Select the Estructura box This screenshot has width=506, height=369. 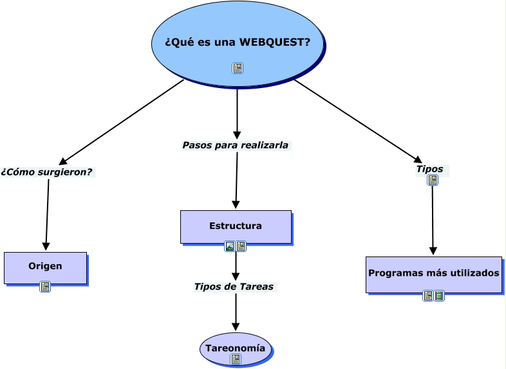point(236,226)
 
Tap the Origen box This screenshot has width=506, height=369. point(45,267)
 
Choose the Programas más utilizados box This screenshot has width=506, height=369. point(433,274)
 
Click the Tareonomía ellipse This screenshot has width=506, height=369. point(235,347)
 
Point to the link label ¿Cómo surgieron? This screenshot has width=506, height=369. point(47,172)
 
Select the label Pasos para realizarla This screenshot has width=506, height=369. point(235,145)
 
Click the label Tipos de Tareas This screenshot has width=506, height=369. point(234,287)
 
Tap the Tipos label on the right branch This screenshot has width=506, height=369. point(429,169)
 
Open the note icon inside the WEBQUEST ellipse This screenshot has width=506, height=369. point(238,68)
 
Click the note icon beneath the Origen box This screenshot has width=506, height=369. point(45,287)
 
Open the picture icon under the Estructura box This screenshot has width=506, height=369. point(230,246)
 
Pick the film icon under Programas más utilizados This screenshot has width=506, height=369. point(439,296)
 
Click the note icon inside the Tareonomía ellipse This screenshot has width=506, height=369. point(236,359)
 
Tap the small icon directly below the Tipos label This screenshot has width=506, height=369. point(433,180)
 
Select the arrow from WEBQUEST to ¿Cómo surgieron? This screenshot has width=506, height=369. point(122,122)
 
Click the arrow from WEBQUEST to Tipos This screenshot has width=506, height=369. point(357,120)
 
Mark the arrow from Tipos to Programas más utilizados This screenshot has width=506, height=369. point(433,219)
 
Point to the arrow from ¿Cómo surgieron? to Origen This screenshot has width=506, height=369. point(47,213)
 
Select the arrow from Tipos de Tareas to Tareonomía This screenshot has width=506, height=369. point(236,312)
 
